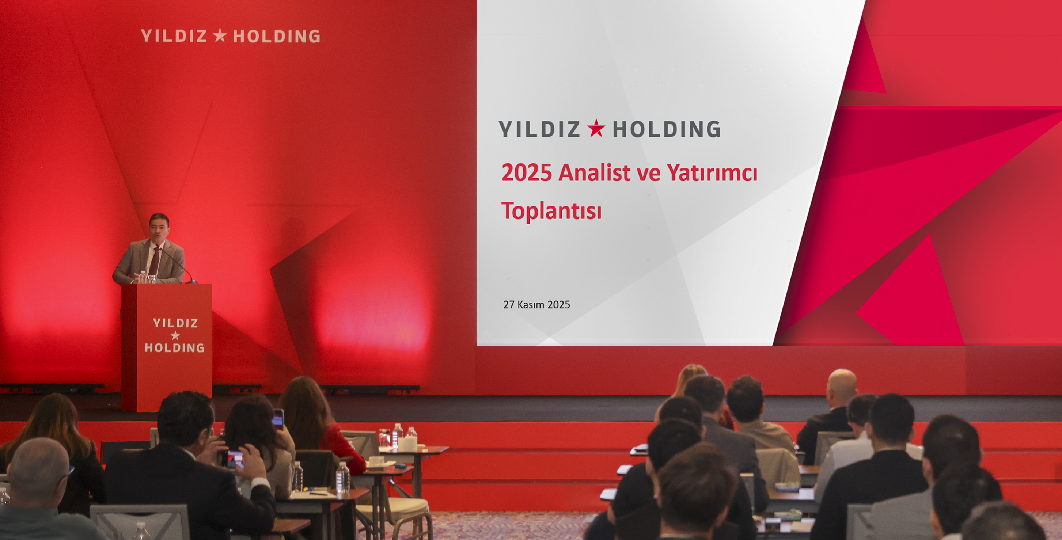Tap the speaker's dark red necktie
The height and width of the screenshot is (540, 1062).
pyautogui.click(x=154, y=261)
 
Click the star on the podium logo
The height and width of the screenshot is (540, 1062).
pyautogui.click(x=175, y=335)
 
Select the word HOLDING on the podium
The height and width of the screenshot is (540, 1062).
pyautogui.click(x=174, y=348)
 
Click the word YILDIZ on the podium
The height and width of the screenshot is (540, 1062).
pyautogui.click(x=175, y=323)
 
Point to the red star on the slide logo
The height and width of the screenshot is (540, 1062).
pyautogui.click(x=596, y=128)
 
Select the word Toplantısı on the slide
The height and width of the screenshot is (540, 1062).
pyautogui.click(x=551, y=211)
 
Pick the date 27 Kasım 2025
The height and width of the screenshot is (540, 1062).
pyautogui.click(x=536, y=305)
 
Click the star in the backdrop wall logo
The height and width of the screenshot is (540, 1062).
pyautogui.click(x=220, y=35)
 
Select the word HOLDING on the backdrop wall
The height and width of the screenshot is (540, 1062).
pyautogui.click(x=277, y=36)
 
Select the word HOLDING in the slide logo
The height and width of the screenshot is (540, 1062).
pyautogui.click(x=667, y=129)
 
